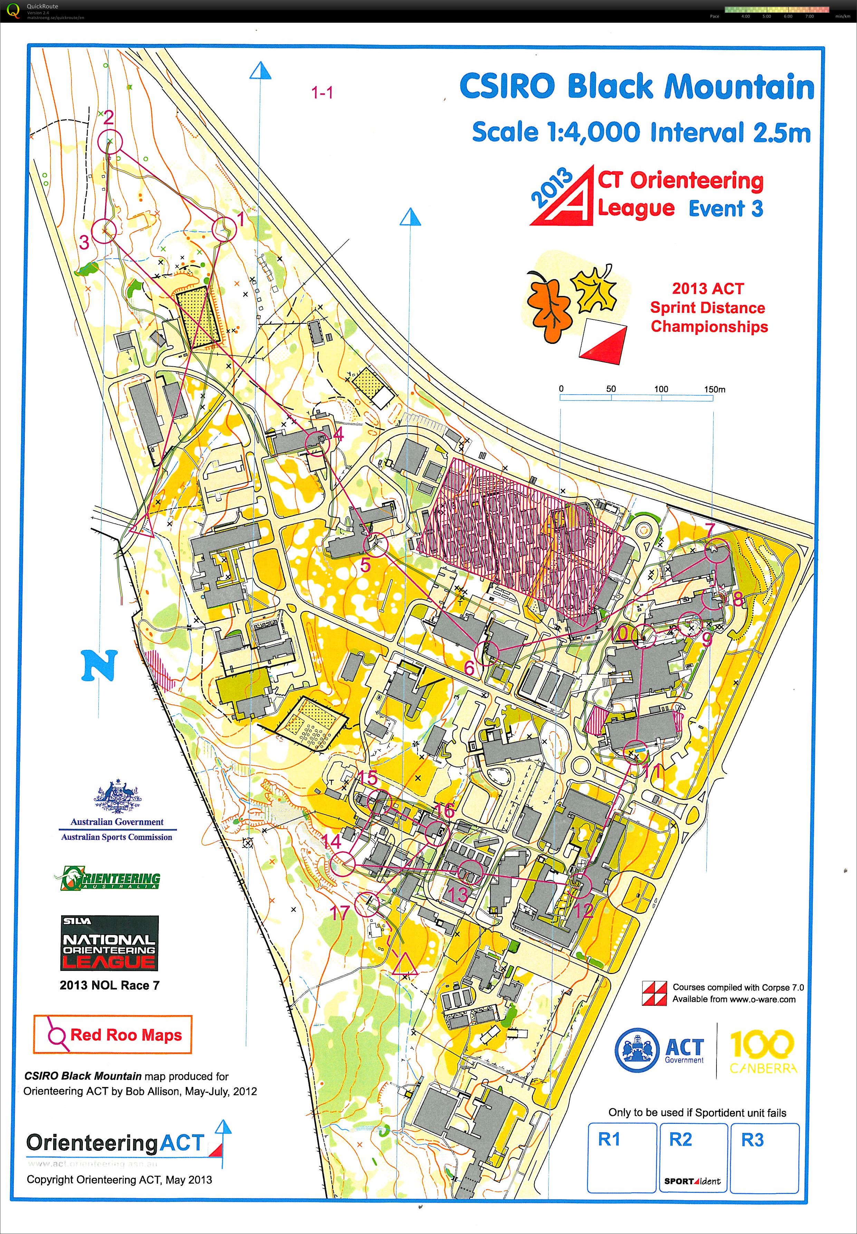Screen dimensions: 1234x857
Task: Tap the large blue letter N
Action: [x=99, y=666]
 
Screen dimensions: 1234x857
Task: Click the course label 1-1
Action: [x=322, y=93]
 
